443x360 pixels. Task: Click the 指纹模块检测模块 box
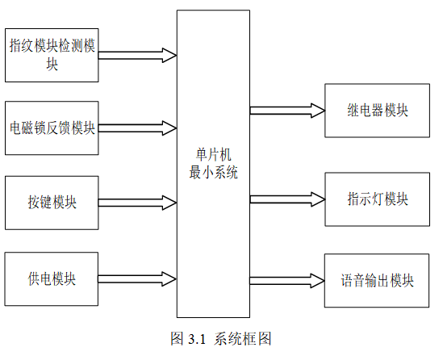(52, 56)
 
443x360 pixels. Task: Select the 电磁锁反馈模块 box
(52, 128)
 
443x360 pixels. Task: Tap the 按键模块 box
(52, 203)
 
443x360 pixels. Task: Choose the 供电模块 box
(52, 279)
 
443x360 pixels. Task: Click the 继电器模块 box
(377, 111)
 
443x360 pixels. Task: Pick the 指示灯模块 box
(377, 199)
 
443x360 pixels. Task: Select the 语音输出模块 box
(377, 281)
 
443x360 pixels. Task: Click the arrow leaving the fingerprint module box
(138, 56)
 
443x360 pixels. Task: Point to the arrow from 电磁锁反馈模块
(138, 128)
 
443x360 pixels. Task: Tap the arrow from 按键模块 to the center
(138, 203)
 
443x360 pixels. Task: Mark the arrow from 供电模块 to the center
(137, 279)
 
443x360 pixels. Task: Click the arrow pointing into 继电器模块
(287, 111)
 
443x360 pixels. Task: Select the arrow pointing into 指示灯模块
(287, 199)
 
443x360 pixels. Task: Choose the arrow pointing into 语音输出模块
(286, 281)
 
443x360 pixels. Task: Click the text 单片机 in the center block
(213, 155)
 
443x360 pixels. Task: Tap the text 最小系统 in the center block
(213, 172)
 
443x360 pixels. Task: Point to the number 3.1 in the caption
(197, 339)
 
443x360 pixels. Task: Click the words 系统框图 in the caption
(243, 338)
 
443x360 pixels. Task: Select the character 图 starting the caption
(178, 338)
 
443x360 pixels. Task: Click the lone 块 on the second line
(52, 64)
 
